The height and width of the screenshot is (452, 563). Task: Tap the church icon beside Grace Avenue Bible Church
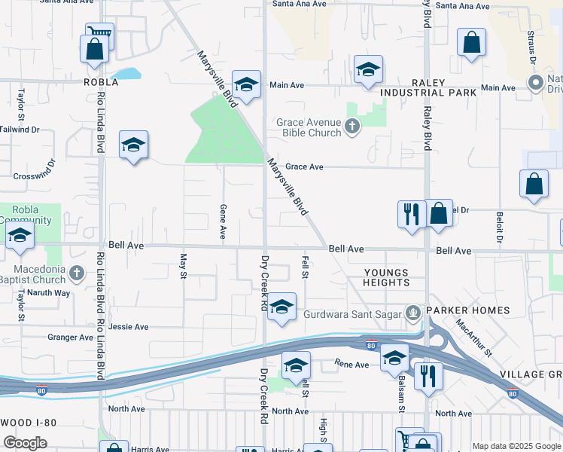pyautogui.click(x=354, y=127)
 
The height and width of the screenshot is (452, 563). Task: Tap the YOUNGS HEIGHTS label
pyautogui.click(x=386, y=278)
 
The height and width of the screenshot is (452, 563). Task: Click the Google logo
pyautogui.click(x=26, y=442)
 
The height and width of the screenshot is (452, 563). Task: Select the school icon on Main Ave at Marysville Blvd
pyautogui.click(x=246, y=85)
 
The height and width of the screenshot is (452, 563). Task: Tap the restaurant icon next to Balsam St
pyautogui.click(x=428, y=374)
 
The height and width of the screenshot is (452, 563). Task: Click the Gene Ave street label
pyautogui.click(x=223, y=221)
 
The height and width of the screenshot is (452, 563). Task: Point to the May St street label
pyautogui.click(x=183, y=265)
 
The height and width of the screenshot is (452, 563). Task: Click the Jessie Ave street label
pyautogui.click(x=129, y=327)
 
